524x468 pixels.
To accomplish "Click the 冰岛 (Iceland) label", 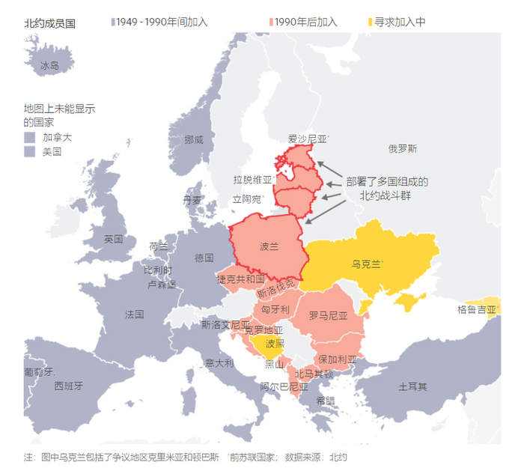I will tap(49, 66).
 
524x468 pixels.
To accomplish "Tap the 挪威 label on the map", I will tap(194, 139).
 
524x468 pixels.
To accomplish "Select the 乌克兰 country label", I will tap(366, 264).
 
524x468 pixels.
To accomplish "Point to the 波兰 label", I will tap(269, 246).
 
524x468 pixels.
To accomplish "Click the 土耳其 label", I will tap(412, 386).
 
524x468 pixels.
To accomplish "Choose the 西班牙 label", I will tap(68, 386).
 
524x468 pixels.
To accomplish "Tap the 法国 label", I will tap(135, 314).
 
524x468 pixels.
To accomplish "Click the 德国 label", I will tap(204, 258).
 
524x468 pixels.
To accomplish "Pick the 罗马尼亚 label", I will tap(329, 316).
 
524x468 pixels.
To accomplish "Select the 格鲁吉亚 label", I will tap(477, 309).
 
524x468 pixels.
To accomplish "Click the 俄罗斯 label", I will tap(402, 148).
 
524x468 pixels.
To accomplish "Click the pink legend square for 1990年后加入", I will tap(270, 22).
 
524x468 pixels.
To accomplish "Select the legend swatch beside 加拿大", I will tap(29, 138).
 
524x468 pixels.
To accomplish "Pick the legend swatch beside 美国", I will tap(29, 152).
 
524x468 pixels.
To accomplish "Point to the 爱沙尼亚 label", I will tap(308, 139).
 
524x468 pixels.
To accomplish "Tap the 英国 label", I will tap(114, 239).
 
